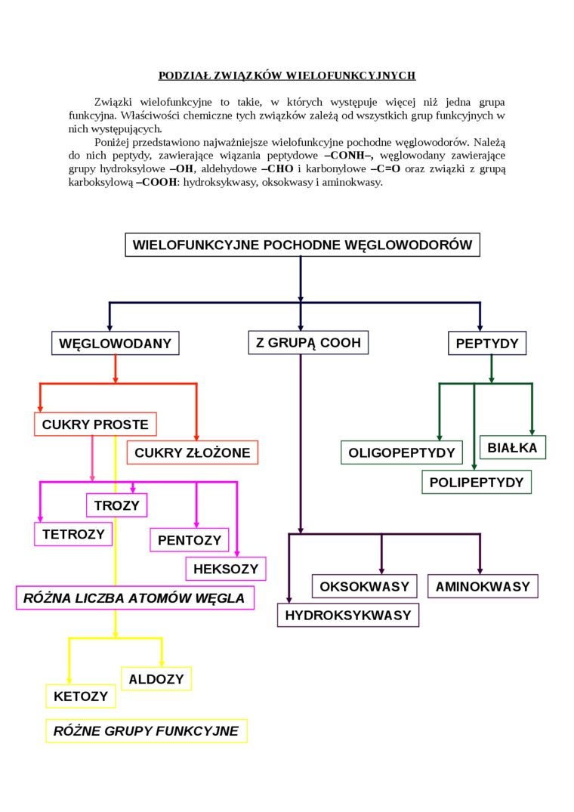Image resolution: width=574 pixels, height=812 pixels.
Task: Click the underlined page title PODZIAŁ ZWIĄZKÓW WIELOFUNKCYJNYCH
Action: pos(287,76)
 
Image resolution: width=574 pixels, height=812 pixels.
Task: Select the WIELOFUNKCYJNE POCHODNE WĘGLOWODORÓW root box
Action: pos(302,245)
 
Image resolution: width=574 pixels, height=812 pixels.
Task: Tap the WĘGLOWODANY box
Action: pos(116,344)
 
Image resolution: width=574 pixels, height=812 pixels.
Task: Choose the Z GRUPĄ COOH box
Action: pos(308,343)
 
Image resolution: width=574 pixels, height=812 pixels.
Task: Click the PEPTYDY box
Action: pos(487,344)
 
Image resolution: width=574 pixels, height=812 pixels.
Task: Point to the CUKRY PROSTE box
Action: pos(96,425)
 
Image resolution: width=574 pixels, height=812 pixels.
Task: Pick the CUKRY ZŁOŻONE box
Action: pos(193,453)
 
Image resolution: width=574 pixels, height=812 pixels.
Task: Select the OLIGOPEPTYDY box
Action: pos(402,452)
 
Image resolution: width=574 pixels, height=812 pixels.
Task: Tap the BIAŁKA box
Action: pos(512,448)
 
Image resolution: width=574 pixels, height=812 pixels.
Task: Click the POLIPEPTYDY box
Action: pos(476,482)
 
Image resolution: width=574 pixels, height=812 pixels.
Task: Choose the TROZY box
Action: pos(117,505)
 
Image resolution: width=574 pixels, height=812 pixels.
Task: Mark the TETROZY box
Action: pos(73,534)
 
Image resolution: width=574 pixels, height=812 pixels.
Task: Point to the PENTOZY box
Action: pos(190,540)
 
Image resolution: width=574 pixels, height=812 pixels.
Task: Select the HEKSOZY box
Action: pos(225,569)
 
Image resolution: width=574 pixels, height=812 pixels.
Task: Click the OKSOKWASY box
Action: pos(365,586)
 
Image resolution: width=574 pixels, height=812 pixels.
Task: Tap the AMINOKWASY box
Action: pos(483,586)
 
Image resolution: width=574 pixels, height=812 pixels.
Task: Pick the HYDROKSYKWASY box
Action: pos(348,616)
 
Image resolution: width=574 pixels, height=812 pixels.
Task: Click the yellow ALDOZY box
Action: pos(156,679)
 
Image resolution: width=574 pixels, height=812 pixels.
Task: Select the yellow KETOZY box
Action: pos(81,696)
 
